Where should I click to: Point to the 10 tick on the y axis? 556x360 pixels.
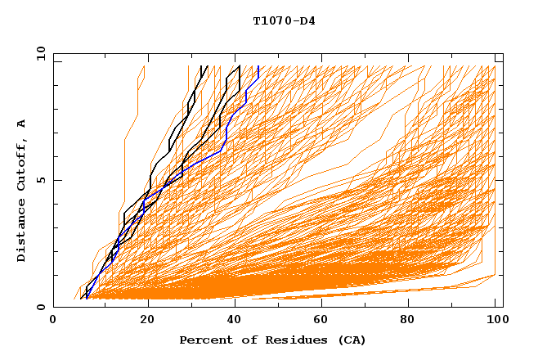click(40, 53)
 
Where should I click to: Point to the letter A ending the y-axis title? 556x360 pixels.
click(22, 123)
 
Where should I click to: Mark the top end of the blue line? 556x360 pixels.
click(258, 66)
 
